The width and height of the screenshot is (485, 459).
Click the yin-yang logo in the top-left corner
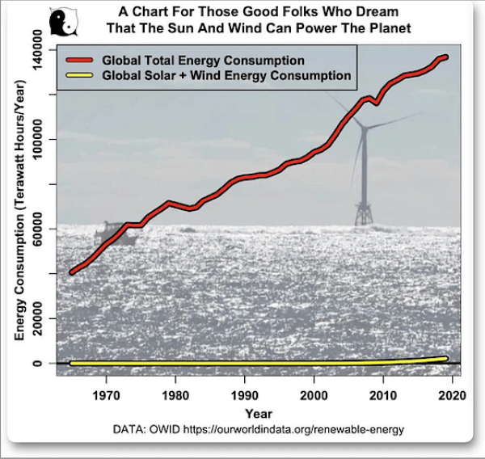[x=61, y=23]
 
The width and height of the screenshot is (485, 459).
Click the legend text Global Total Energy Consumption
[x=202, y=61]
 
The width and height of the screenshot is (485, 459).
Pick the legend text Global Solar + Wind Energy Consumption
[x=226, y=75]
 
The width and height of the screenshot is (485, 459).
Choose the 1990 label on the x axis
[x=244, y=397]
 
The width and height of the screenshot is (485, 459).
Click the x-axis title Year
[x=261, y=413]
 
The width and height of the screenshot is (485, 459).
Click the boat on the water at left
[x=112, y=234]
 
